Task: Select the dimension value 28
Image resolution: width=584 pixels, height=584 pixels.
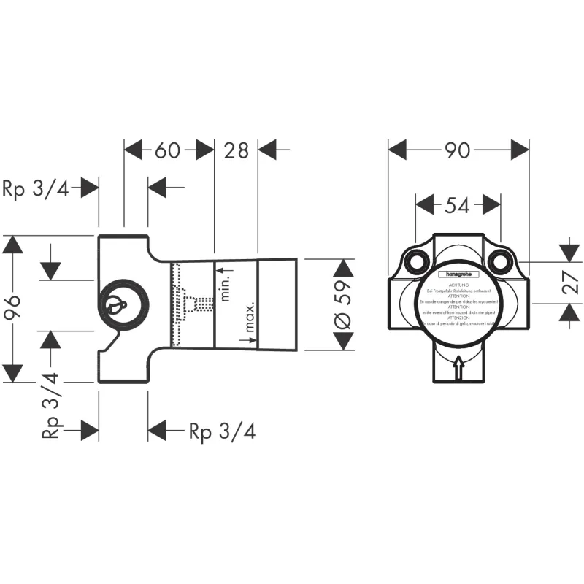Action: pyautogui.click(x=236, y=150)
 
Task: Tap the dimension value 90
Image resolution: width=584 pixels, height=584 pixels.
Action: pyautogui.click(x=458, y=150)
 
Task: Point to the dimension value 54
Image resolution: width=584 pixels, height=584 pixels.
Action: pyautogui.click(x=457, y=206)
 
